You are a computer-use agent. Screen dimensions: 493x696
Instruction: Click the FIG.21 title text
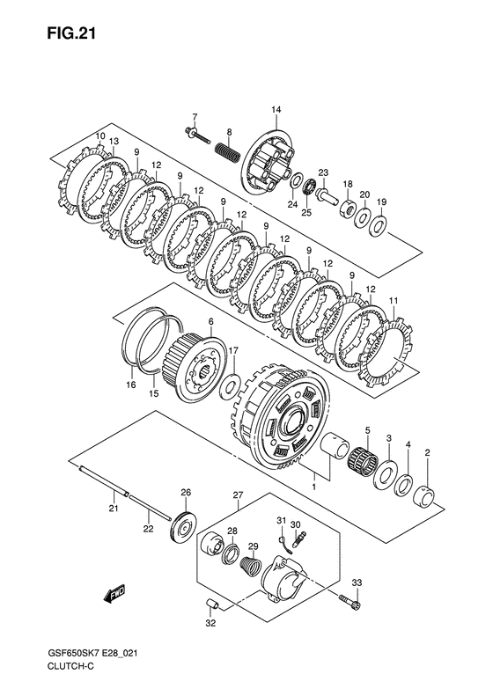pyautogui.click(x=71, y=33)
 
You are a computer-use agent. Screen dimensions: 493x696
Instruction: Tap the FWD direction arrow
pyautogui.click(x=114, y=593)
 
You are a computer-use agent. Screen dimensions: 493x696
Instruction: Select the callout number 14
pyautogui.click(x=276, y=110)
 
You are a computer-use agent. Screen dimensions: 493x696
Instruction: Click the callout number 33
pyautogui.click(x=357, y=582)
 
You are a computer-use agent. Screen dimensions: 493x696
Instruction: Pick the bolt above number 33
pyautogui.click(x=350, y=601)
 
